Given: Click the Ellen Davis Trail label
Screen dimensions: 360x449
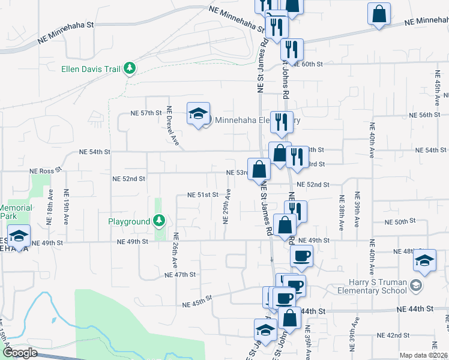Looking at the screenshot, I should pyautogui.click(x=91, y=69).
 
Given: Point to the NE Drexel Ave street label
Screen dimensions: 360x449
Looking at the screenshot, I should pyautogui.click(x=173, y=125).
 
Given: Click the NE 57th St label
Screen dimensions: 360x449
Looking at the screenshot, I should pyautogui.click(x=147, y=113).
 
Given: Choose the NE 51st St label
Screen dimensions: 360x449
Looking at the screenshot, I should pyautogui.click(x=203, y=195).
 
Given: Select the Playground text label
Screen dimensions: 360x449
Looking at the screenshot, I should pyautogui.click(x=129, y=222).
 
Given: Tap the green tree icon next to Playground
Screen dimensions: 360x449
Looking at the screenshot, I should pyautogui.click(x=159, y=221).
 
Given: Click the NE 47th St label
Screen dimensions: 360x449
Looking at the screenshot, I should pyautogui.click(x=181, y=275).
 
